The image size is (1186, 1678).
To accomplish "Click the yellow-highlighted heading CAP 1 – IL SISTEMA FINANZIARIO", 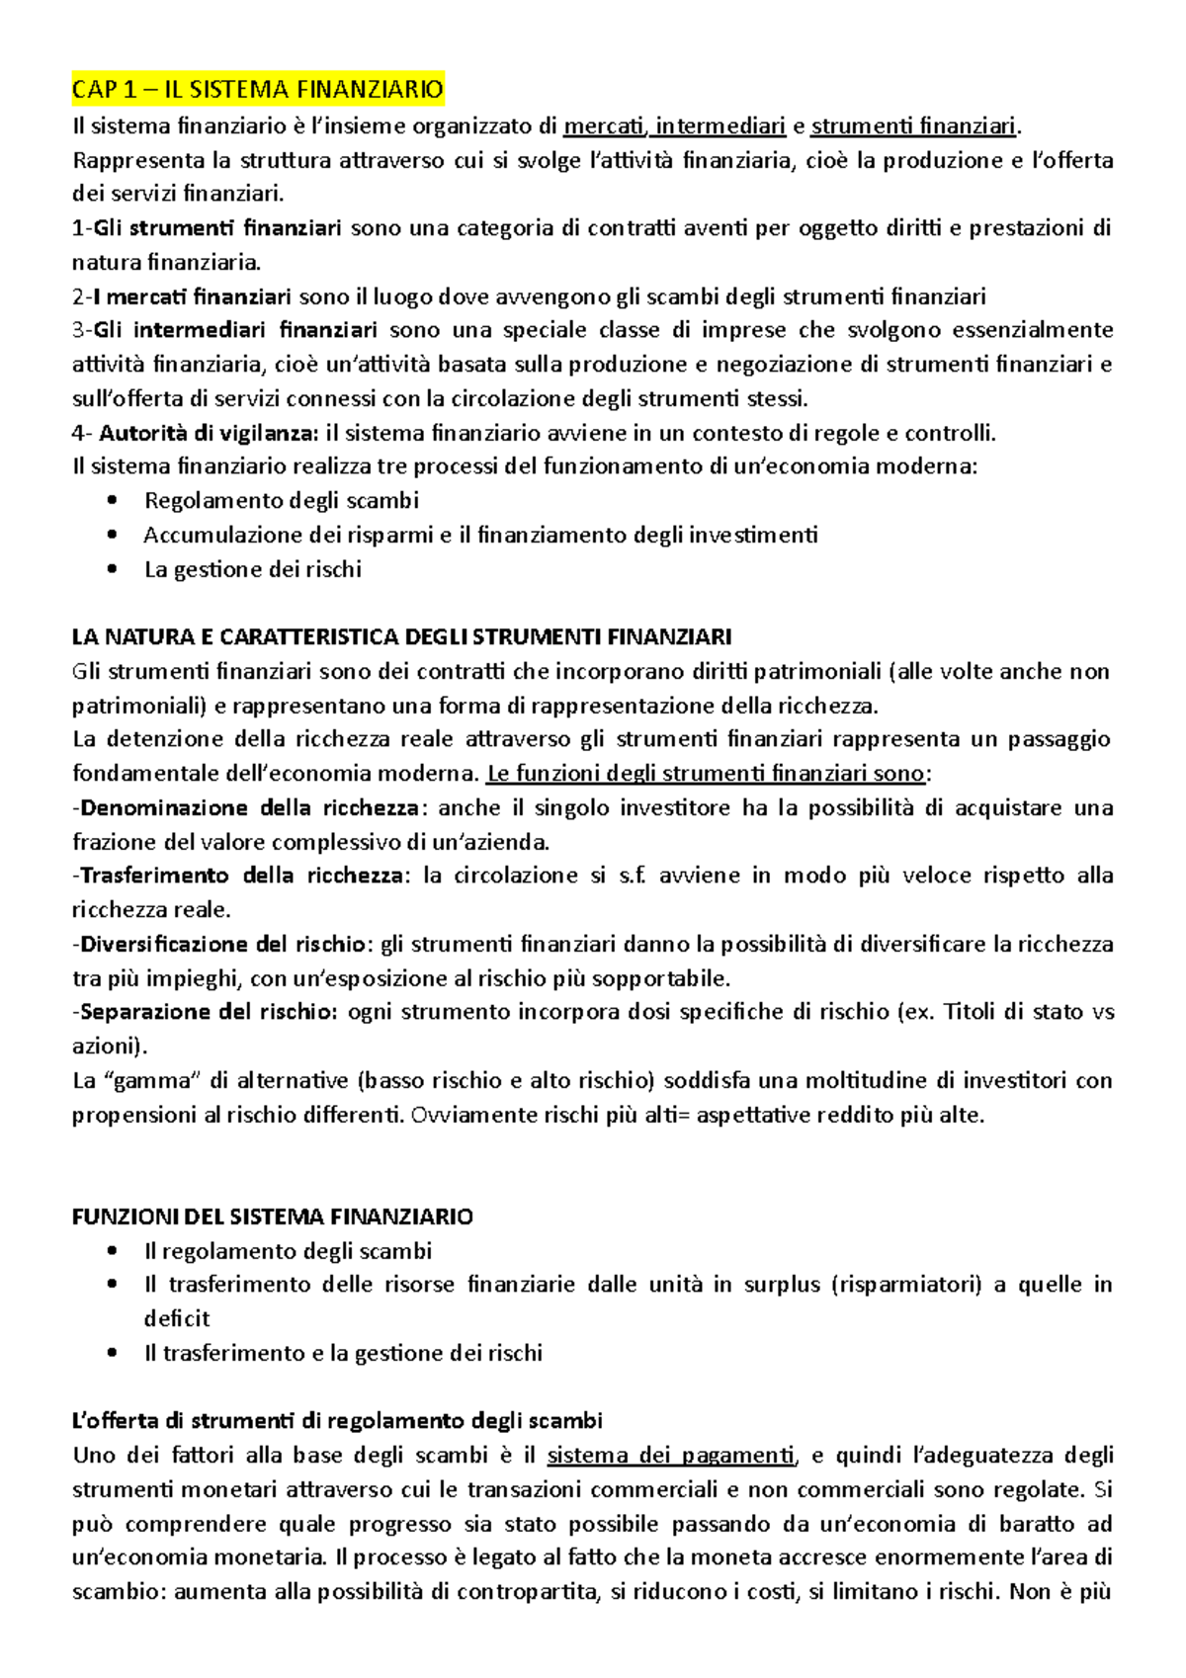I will point(257,90).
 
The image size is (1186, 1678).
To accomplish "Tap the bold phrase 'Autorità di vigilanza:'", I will point(209,433).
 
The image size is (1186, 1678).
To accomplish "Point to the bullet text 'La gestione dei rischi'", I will point(252,569).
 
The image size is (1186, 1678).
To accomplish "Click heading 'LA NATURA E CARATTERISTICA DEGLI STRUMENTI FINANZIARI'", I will point(401,636).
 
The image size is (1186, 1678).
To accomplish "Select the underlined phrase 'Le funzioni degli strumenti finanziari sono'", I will point(706,773).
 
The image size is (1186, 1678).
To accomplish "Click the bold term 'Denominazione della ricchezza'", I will point(249,807).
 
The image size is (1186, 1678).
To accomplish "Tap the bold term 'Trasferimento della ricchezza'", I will point(241,876).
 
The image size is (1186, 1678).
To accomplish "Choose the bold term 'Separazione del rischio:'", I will point(209,1012).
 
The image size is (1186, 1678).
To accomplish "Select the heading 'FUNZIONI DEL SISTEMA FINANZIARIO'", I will point(272,1217).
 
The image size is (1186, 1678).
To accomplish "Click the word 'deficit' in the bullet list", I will point(177,1318).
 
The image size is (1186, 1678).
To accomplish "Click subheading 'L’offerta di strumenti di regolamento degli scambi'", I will point(337,1421).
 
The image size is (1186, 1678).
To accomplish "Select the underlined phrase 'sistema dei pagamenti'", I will point(671,1456).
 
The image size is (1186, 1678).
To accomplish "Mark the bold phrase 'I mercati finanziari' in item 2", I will point(192,296).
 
